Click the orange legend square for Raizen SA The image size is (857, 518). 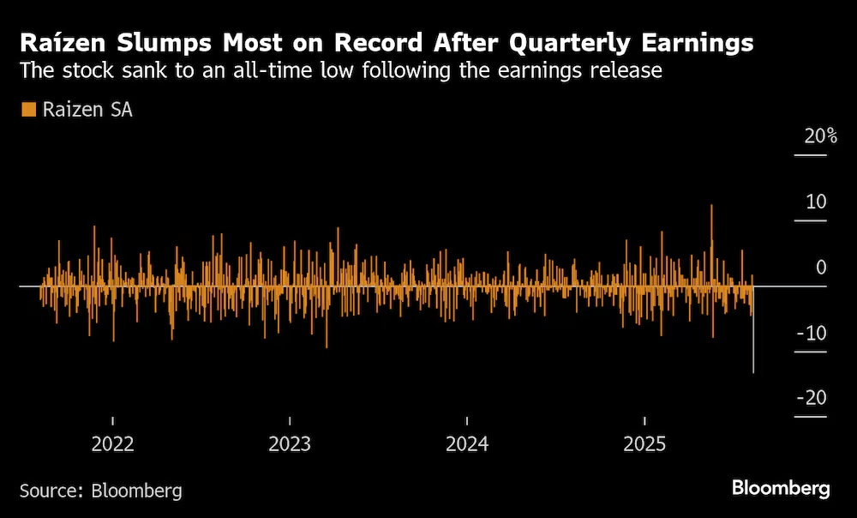[27, 110]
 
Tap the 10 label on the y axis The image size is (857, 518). [815, 202]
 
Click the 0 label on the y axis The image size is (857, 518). [821, 268]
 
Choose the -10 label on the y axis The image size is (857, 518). [811, 333]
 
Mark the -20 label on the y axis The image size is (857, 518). [811, 398]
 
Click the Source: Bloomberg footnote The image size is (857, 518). [100, 491]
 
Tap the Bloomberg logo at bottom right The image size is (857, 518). [781, 489]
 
